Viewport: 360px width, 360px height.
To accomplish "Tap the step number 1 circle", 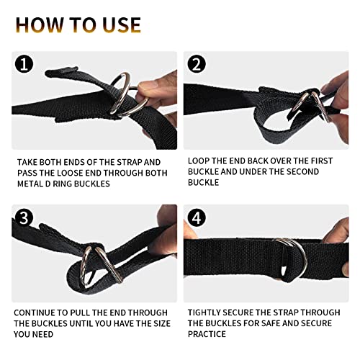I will pos(25,66).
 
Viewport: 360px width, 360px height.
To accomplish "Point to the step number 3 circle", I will pos(25,217).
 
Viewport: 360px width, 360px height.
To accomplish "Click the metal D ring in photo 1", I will pos(127,94).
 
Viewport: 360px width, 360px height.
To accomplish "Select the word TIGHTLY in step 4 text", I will pos(209,312).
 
